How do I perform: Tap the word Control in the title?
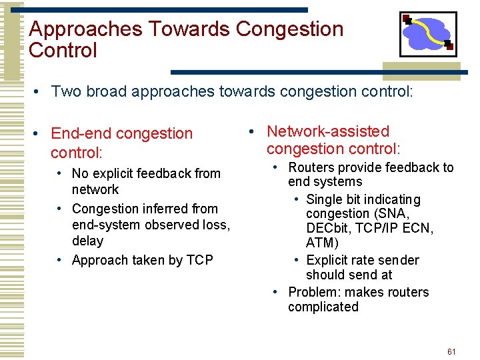63,51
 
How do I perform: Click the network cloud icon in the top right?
427,34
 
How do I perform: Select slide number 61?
451,351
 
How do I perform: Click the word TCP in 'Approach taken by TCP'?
199,260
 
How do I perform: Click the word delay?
87,241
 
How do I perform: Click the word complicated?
323,307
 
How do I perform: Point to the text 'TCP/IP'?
377,229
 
